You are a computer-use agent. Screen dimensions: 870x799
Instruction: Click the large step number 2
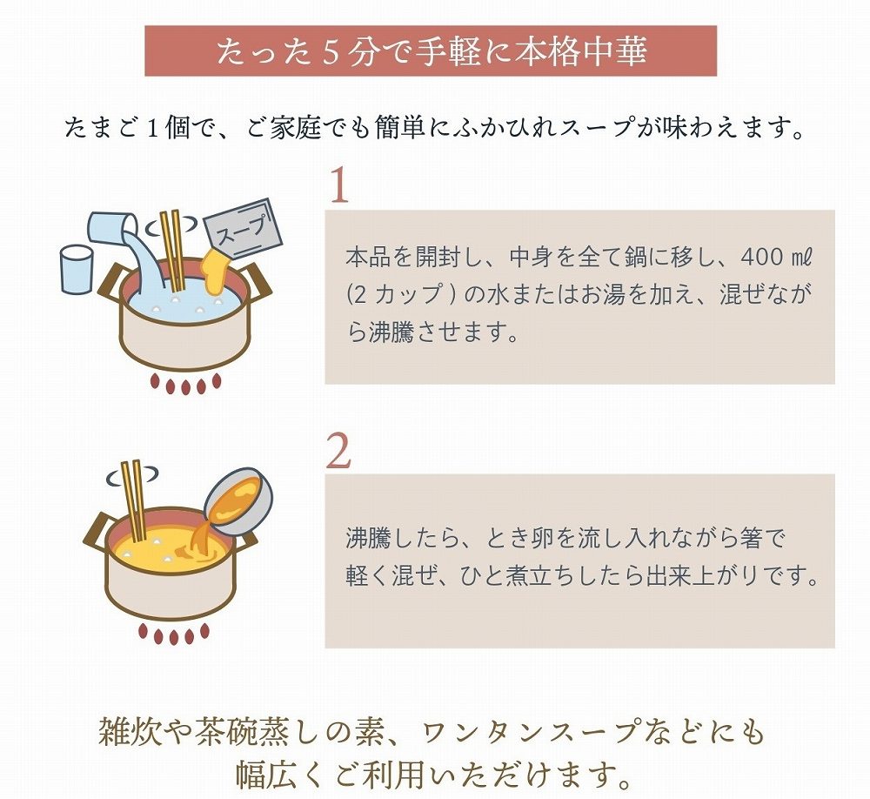(x=338, y=450)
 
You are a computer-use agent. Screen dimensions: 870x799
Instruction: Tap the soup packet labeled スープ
(x=244, y=228)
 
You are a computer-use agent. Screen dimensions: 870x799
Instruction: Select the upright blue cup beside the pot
(x=76, y=269)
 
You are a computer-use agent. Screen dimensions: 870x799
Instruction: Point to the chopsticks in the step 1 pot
(x=172, y=251)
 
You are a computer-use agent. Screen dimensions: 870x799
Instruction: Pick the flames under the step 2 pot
(x=174, y=634)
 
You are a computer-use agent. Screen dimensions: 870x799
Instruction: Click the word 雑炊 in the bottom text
(x=131, y=732)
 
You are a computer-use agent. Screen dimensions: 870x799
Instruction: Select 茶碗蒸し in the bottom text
(x=258, y=732)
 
